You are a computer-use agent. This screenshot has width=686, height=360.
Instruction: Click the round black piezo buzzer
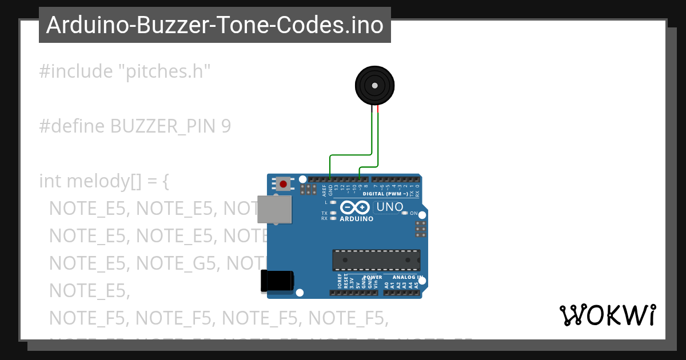coord(374,86)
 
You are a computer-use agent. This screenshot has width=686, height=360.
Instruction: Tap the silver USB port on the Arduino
coord(274,209)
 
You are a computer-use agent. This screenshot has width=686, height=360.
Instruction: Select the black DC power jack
coord(277,280)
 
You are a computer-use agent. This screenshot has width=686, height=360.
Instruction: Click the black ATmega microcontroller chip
coord(376,260)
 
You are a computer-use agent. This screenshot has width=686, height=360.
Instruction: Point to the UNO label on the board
coord(390,207)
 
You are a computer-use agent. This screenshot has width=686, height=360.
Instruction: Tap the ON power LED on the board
coord(405,213)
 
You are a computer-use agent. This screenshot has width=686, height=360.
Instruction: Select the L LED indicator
coord(333,202)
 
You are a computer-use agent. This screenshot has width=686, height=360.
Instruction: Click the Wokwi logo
coord(607,315)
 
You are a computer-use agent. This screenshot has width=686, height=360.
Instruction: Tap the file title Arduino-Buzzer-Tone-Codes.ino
coord(214,25)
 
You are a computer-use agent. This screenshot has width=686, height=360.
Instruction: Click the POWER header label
coord(373,277)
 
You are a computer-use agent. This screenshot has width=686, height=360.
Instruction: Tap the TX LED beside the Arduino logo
coord(333,213)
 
